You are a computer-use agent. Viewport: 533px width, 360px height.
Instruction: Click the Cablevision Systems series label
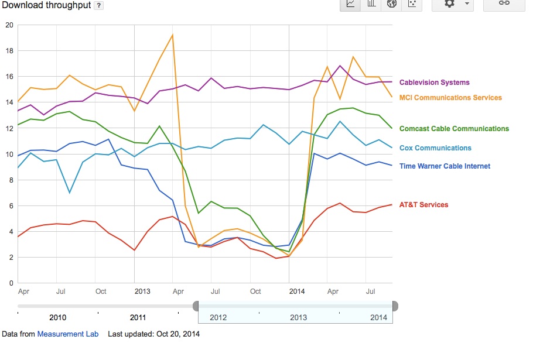tap(434, 83)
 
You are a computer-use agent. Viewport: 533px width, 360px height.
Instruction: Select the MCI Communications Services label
tap(450, 98)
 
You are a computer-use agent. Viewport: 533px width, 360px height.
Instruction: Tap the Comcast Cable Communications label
tap(454, 129)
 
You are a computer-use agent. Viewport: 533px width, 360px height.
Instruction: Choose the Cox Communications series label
tap(435, 148)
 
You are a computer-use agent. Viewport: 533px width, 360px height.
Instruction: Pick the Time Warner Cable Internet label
tap(445, 166)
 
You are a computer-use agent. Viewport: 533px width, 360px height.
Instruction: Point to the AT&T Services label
tap(423, 205)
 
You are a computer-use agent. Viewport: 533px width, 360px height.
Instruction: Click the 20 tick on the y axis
tap(9, 25)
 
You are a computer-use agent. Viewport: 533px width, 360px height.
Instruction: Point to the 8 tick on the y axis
tap(11, 180)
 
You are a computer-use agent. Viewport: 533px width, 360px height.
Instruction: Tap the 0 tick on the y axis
tap(11, 283)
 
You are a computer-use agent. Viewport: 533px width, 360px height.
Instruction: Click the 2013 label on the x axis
tap(142, 292)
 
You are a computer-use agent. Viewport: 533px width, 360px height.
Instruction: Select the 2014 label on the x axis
tap(297, 292)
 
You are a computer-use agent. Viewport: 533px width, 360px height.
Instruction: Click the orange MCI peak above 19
tap(173, 35)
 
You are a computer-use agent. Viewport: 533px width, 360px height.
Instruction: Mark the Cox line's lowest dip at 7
tap(70, 193)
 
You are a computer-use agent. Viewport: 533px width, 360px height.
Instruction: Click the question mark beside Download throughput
tap(98, 5)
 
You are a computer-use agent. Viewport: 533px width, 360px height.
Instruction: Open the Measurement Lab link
tap(67, 334)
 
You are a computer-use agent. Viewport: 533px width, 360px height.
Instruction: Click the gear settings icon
tap(449, 4)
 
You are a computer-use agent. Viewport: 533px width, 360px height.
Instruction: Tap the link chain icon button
tap(504, 3)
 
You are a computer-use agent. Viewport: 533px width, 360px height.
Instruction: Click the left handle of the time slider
tap(196, 306)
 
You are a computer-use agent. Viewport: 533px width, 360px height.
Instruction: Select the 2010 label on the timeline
tap(58, 317)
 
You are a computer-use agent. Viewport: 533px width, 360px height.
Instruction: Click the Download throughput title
tap(46, 5)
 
